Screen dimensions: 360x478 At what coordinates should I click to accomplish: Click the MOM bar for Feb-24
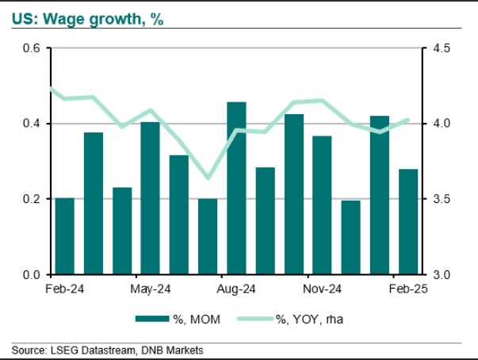tap(65, 236)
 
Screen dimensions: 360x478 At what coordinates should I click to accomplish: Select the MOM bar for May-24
tap(150, 198)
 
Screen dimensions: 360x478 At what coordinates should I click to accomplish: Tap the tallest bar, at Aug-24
tap(236, 188)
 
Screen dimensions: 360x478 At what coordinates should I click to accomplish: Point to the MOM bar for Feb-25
tap(407, 221)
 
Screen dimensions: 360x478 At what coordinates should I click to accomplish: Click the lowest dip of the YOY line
tap(208, 178)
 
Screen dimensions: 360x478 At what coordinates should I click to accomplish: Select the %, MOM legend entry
tap(177, 319)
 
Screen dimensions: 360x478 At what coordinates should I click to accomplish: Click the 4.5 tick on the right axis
tap(441, 48)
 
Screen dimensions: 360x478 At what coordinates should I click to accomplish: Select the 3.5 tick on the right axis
tap(441, 199)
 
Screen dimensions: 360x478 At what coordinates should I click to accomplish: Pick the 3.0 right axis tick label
tap(441, 274)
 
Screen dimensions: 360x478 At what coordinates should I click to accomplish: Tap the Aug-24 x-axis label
tap(236, 289)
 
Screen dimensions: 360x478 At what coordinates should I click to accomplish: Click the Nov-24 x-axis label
tap(322, 289)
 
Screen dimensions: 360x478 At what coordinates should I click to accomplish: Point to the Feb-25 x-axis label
tap(407, 289)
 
